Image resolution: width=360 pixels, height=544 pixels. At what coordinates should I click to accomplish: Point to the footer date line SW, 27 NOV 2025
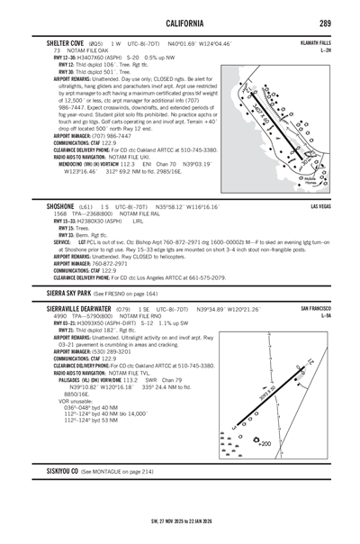click(180, 519)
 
